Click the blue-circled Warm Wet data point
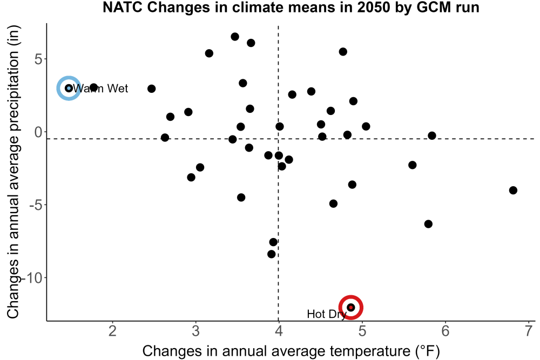click(69, 89)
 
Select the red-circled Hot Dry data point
click(351, 307)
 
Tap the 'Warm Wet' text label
click(100, 89)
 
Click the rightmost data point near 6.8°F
click(513, 191)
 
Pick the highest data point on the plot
click(235, 37)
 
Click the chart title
click(291, 7)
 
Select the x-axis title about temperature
click(291, 351)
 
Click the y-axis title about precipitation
click(13, 172)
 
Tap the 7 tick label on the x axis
click(529, 331)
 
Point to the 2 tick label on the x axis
click(113, 331)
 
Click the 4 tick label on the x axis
click(279, 331)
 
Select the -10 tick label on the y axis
click(32, 278)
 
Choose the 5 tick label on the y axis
click(38, 59)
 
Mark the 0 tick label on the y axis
click(38, 132)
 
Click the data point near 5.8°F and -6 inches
click(428, 224)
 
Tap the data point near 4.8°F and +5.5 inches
click(343, 52)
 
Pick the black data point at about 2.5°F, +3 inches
click(152, 89)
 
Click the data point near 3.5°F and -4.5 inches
click(241, 198)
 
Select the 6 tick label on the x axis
click(446, 331)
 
